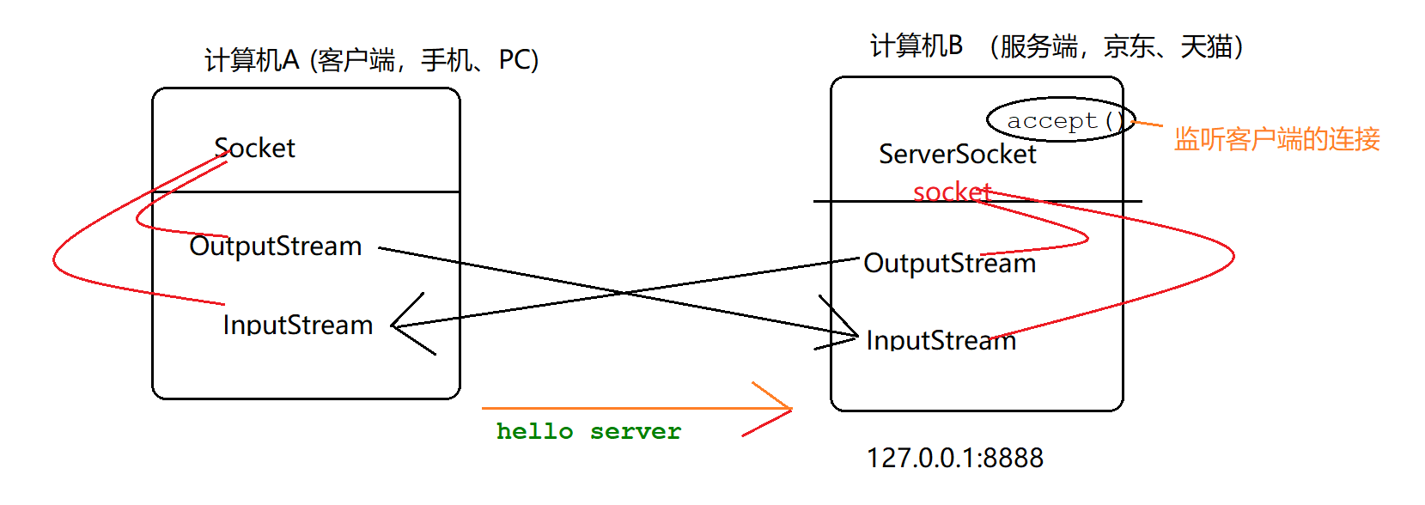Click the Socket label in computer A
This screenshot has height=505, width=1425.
coord(254,149)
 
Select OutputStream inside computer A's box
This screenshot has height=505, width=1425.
coord(275,246)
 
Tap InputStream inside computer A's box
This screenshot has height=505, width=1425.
coord(297,325)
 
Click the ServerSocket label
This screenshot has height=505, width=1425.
coord(957,155)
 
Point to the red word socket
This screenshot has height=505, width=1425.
coord(952,192)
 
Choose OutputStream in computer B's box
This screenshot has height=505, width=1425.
coord(949,264)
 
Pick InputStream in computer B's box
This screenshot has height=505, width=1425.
coord(941,340)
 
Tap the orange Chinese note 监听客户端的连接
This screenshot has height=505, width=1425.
coord(1276,139)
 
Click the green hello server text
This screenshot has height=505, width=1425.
coord(588,431)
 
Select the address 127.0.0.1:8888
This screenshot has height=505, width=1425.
coord(954,458)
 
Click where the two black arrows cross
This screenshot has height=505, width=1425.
coord(624,293)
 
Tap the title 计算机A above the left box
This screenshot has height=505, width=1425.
coord(251,60)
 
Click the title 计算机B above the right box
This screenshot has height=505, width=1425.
coord(916,46)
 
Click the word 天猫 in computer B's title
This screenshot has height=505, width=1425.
coord(1206,46)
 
